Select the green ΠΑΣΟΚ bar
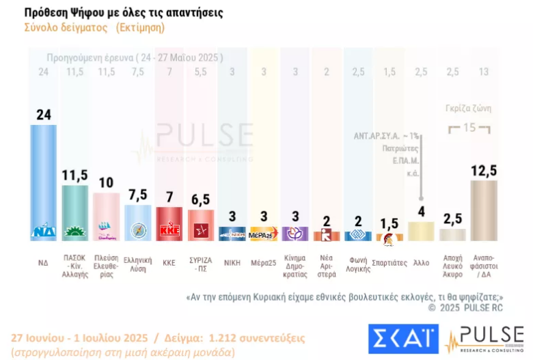coord(75,205)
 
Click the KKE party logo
coord(169,231)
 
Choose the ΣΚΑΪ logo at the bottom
coord(403,339)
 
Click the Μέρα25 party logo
coord(264,234)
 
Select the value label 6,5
coord(202,200)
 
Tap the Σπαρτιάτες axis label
coord(390,262)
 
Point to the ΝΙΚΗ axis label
coord(232,262)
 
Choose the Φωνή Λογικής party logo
coord(358,235)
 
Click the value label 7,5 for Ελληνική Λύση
coord(138,195)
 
